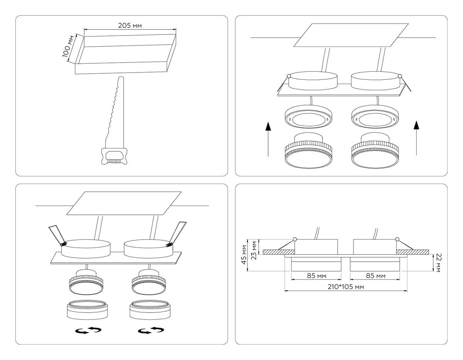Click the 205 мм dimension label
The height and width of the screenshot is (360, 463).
(130, 26)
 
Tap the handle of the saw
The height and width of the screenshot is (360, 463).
(113, 157)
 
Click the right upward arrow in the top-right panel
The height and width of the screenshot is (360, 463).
(416, 137)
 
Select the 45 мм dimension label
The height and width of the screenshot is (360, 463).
(244, 254)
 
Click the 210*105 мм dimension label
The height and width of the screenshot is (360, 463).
(346, 287)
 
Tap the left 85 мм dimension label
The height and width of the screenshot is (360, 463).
(316, 276)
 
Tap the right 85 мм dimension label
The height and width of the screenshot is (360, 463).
(375, 276)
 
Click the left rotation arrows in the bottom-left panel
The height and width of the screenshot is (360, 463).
(88, 330)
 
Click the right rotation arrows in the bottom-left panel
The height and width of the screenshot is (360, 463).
(151, 330)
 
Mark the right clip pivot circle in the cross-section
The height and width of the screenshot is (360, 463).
(398, 239)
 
